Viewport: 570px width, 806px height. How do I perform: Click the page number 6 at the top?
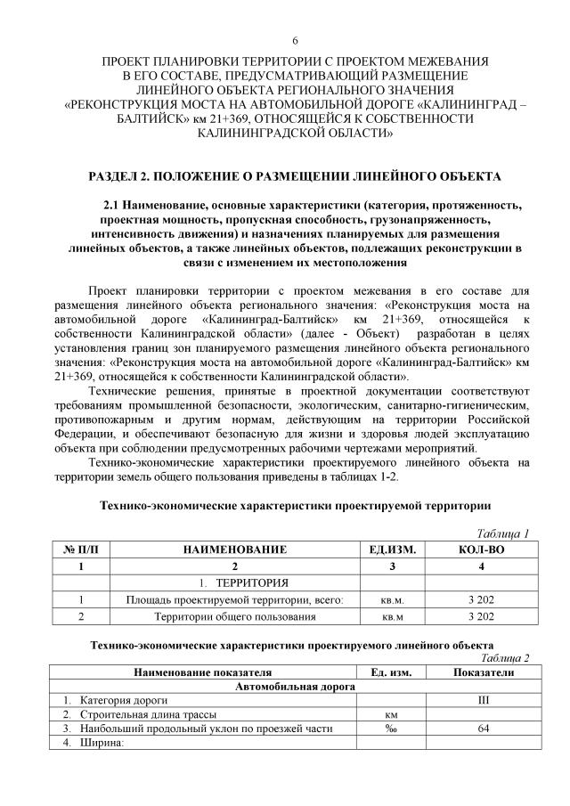tap(295, 42)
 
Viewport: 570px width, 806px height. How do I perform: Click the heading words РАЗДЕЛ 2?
tap(119, 177)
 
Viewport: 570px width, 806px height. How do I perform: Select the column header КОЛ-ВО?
tap(481, 550)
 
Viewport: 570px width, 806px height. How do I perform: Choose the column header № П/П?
tap(81, 550)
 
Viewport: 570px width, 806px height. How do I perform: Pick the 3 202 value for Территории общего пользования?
tap(481, 615)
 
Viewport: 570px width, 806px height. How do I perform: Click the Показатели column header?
tap(484, 672)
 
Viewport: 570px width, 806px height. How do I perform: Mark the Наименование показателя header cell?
tap(202, 672)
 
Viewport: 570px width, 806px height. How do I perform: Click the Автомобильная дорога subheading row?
tap(295, 687)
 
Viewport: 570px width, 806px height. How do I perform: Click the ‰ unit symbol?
tap(390, 729)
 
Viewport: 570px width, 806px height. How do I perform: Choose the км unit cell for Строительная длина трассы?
tap(390, 715)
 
